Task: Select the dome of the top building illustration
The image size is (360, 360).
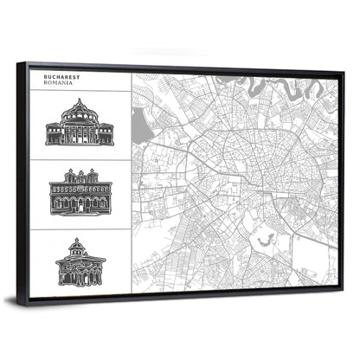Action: [x=80, y=107]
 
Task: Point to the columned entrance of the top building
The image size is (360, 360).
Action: [x=80, y=132]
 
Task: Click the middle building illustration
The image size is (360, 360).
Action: [x=80, y=191]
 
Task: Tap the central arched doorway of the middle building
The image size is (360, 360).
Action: [x=80, y=203]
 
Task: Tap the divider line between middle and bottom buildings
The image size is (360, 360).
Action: [x=80, y=228]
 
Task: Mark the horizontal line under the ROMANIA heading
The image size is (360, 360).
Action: [x=80, y=90]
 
